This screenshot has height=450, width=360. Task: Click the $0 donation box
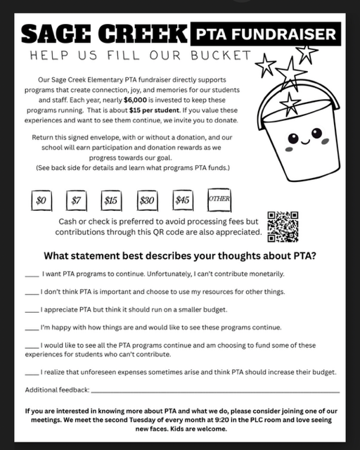[x=41, y=200]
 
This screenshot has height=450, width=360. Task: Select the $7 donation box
[x=77, y=200]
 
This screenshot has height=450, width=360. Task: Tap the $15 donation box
[x=111, y=200]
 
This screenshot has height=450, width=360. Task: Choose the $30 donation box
[x=147, y=200]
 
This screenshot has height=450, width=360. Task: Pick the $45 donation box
[x=183, y=200]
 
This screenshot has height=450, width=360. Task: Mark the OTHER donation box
[x=219, y=199]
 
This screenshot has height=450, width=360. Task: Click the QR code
[x=283, y=226]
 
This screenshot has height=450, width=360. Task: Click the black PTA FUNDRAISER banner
[x=265, y=32]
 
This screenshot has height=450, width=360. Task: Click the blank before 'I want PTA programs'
[x=32, y=274]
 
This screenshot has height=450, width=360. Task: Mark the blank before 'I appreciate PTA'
[x=32, y=310]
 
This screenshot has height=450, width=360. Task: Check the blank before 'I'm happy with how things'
[x=32, y=328]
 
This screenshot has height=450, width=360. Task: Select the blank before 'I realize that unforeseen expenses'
[x=32, y=372]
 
